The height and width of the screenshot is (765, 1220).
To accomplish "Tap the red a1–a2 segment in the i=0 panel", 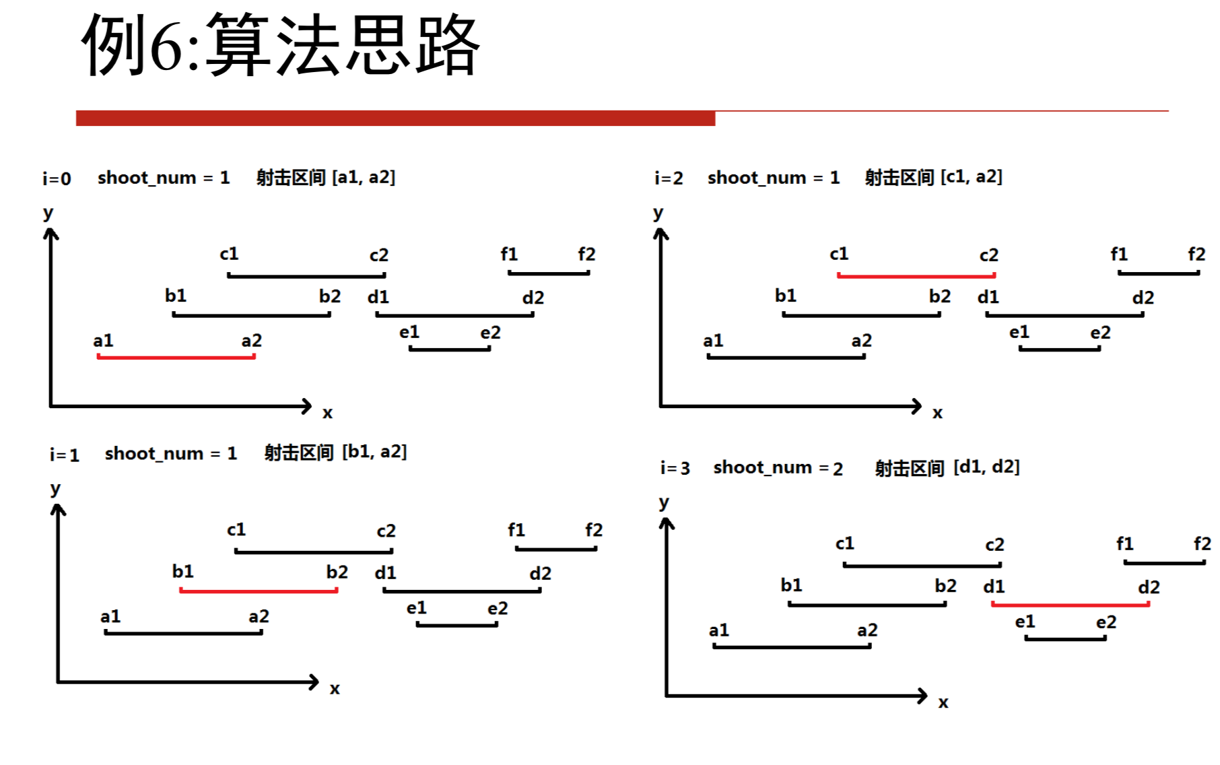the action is tap(176, 356).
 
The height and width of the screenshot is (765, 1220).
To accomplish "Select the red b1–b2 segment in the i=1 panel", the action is tap(259, 591).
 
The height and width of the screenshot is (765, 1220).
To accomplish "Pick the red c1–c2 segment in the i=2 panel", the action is tap(916, 275).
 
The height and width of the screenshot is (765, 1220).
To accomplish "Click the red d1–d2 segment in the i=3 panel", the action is tap(1070, 604).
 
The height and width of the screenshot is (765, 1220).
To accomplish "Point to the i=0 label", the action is tap(57, 178).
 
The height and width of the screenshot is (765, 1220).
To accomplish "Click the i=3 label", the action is tap(675, 468).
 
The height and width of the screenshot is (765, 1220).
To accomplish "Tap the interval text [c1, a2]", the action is tap(971, 176).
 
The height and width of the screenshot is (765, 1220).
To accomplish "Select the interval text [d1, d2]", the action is tap(986, 467).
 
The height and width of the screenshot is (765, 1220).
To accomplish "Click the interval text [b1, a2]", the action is tap(374, 452).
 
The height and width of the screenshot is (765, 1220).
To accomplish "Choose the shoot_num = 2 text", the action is tap(778, 467).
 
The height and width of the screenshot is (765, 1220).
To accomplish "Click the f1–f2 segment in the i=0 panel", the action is tap(549, 273).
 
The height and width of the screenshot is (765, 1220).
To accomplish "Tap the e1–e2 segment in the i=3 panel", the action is tap(1065, 638).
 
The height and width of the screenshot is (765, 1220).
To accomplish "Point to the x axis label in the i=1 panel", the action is tap(335, 689).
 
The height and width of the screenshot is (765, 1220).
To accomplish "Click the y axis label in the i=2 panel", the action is tap(658, 213).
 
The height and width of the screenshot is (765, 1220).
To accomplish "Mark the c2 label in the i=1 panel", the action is tap(386, 531).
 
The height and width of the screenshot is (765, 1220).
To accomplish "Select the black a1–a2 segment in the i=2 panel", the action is tap(786, 356).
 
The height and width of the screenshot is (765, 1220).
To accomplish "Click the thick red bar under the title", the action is tap(395, 119).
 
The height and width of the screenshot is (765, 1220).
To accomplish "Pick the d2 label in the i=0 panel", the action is tap(533, 298).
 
